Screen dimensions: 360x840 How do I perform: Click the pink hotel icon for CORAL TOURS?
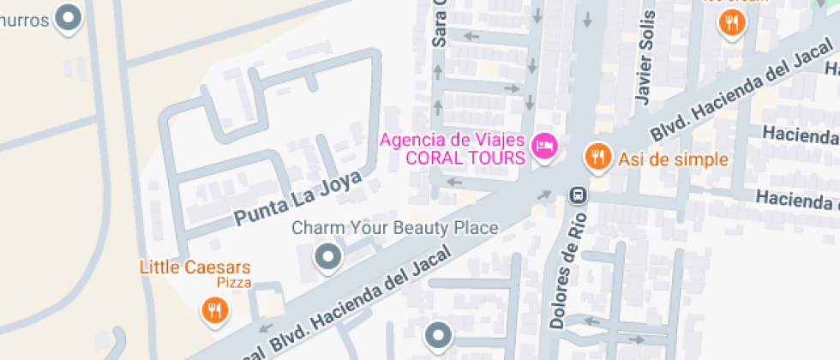point(543,147)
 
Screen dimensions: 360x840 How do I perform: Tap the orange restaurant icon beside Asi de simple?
point(597,156)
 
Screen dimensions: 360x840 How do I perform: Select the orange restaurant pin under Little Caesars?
point(214,309)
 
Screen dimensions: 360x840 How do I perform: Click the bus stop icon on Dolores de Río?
point(579,195)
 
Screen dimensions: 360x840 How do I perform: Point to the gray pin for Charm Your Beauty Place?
point(327,256)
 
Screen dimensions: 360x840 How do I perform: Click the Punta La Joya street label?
point(297,198)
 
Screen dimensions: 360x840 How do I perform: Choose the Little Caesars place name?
point(195,267)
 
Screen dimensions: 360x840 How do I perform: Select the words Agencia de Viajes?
point(453,139)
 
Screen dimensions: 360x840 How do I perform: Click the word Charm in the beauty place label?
point(314,228)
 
